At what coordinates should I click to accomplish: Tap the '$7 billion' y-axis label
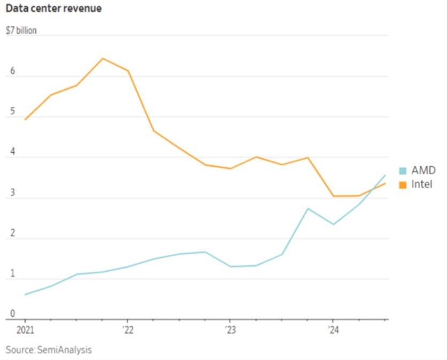21,30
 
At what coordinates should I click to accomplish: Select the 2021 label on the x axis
25,329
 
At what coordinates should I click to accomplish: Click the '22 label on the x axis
127,329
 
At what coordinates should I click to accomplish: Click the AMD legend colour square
403,171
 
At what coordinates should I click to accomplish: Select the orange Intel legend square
403,185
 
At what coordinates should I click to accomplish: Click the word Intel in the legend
421,185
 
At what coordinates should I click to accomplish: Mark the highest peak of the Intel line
103,58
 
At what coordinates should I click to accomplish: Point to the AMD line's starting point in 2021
25,294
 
